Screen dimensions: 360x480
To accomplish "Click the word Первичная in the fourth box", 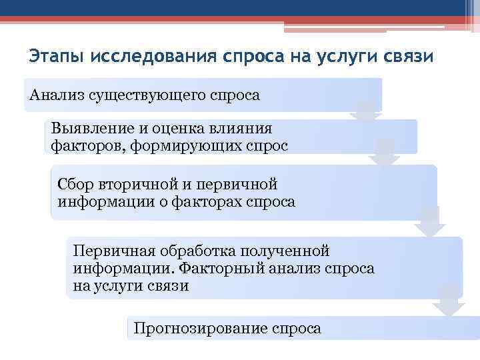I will (x=113, y=252).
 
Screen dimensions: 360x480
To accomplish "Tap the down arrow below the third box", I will (x=430, y=223).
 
